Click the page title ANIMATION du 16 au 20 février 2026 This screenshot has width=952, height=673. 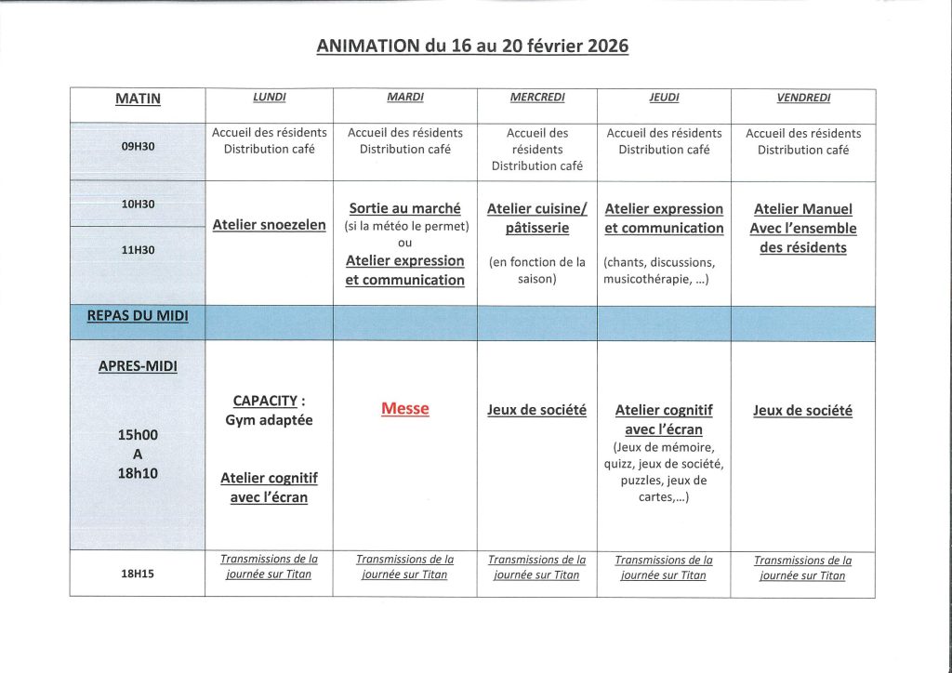pos(472,46)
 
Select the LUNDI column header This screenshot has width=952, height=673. pos(270,98)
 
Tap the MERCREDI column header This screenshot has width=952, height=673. pos(537,98)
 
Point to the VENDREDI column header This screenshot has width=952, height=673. pos(803,98)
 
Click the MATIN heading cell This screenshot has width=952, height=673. pos(138,99)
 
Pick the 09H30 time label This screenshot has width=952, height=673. pos(138,146)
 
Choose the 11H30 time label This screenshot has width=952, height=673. pos(138,249)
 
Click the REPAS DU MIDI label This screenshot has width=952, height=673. pos(138,316)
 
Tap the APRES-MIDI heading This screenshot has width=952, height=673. pos(138,366)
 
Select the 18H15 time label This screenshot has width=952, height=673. pos(138,574)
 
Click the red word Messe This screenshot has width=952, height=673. pos(405,409)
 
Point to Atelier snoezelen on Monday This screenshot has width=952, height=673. pos(270,224)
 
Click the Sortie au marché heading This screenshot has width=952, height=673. pos(405,209)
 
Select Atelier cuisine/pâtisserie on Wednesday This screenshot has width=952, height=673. pos(537,218)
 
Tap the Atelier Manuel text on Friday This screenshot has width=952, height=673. pos(803,209)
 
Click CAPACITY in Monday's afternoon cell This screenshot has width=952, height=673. pos(264,401)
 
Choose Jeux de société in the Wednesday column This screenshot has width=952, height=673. pos(537,410)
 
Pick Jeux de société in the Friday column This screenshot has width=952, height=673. pos(803,410)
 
